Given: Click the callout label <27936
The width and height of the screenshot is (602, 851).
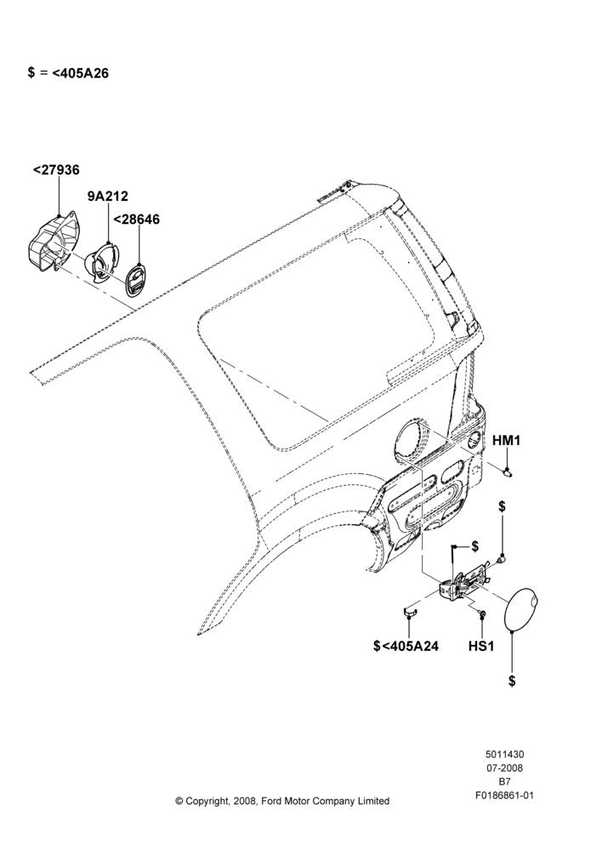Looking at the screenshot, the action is (x=56, y=170).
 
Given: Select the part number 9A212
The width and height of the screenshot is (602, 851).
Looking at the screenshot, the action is (x=108, y=196).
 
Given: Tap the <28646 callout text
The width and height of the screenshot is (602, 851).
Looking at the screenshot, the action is (x=136, y=220).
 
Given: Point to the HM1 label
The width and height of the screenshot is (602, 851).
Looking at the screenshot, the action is (x=506, y=441).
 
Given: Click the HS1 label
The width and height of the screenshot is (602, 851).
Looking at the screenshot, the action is (x=481, y=647).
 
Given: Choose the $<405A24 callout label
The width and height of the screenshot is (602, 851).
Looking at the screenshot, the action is (x=406, y=647).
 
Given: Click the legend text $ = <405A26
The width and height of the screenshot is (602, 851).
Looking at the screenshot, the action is (x=68, y=72).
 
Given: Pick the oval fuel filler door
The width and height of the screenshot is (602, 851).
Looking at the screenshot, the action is (x=523, y=608).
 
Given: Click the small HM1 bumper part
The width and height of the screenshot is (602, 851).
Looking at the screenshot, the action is (x=508, y=472).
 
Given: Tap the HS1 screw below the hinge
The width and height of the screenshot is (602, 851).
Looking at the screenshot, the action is (x=481, y=614).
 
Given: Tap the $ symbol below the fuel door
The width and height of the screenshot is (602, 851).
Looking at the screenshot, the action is (x=512, y=681).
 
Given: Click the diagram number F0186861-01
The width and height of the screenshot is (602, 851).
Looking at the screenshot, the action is (x=504, y=796).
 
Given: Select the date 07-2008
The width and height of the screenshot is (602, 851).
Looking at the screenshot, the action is (x=504, y=768).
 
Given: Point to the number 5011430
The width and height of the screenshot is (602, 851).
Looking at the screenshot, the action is (x=504, y=754).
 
